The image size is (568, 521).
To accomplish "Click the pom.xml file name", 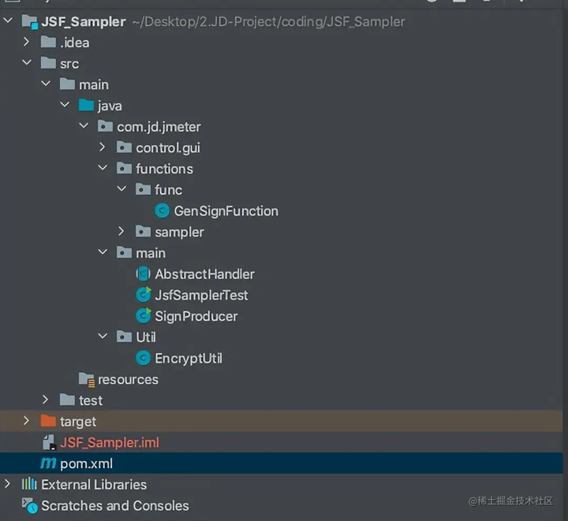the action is point(86,463).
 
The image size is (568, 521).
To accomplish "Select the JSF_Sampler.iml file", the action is point(110,442).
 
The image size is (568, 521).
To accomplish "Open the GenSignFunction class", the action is point(226,211).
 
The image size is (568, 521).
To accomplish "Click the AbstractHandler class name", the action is point(204,274).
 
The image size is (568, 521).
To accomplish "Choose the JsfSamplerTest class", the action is point(201,296).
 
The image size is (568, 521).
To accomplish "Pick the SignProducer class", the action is point(196,316).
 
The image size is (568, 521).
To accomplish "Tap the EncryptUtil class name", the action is point(189,358).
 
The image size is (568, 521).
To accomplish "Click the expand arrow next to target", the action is point(26,420).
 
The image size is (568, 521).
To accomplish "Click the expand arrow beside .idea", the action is point(26,42).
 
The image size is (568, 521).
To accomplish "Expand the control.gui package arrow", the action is point(102,147).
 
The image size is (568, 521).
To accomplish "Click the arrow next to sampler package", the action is point(121,231).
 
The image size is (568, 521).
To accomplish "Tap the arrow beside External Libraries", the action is point(7,484).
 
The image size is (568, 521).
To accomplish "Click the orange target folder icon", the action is point(48,421).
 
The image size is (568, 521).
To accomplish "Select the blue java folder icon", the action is point(86,106).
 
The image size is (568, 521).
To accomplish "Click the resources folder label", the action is point(129,380).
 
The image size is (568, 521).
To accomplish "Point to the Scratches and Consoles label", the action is point(115,505).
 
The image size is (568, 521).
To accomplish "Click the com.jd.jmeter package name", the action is point(159,127).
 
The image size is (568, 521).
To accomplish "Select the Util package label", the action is point(146,337).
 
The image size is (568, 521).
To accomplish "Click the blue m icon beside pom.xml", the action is point(48,463).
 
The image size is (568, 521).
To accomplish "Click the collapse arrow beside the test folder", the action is point(45,400).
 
